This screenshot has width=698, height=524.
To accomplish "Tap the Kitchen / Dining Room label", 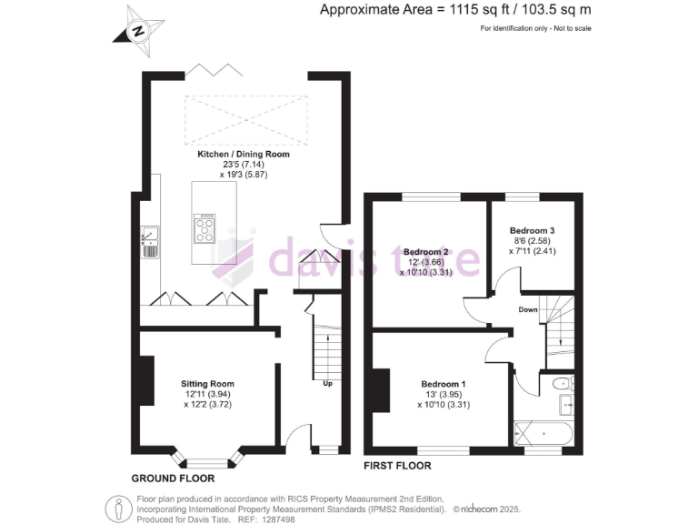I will pos(244,155).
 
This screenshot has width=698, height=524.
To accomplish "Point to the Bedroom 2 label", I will pos(427,251).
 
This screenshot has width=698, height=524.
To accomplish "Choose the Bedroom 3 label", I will pos(532,230).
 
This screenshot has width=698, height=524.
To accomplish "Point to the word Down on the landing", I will pos(528,309).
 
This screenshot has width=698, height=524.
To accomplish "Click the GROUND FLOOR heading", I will pos(173,478).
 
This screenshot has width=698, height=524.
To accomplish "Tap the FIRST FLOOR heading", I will pos(398,465).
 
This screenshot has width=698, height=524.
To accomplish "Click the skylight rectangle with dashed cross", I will pos(244,117).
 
